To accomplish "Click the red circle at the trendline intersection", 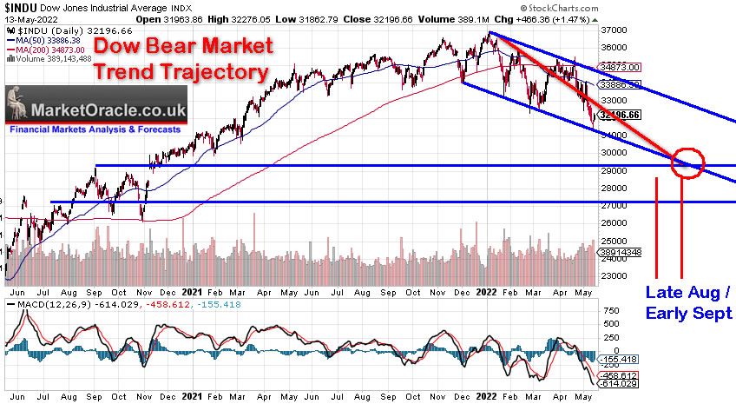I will pyautogui.click(x=687, y=162).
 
